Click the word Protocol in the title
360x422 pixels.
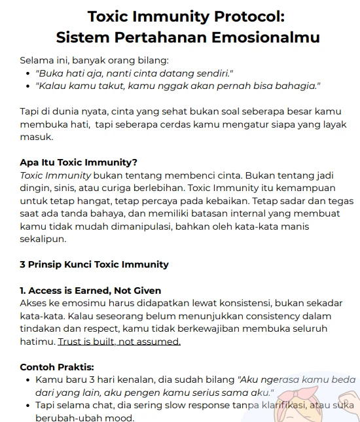click(245, 16)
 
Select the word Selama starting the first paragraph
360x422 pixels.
click(37, 60)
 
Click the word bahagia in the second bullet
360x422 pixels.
click(300, 86)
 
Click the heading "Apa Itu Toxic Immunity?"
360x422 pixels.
click(79, 162)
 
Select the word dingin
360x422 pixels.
click(36, 188)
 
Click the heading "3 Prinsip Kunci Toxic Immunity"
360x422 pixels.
click(94, 264)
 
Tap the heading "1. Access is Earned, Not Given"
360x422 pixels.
click(90, 290)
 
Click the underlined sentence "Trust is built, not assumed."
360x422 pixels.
click(119, 342)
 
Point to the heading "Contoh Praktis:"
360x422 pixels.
click(57, 367)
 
